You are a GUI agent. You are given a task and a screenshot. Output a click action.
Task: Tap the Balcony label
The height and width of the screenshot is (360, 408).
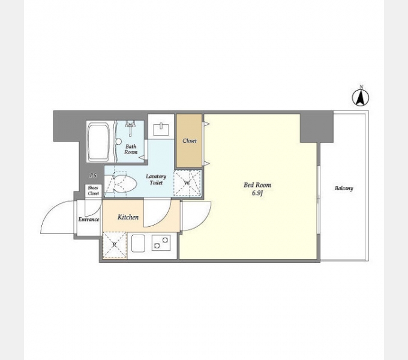coord(344,188)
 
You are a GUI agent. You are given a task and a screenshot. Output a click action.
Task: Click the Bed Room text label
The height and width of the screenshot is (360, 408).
coord(257,185)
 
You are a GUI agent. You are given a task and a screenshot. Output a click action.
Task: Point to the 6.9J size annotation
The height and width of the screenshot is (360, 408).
coord(257,193)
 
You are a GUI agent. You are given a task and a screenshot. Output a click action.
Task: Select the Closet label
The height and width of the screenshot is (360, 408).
coord(190,141)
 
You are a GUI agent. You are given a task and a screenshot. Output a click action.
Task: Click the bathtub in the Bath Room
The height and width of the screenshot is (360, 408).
coord(98,142)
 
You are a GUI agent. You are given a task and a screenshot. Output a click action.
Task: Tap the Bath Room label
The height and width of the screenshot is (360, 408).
coord(131,149)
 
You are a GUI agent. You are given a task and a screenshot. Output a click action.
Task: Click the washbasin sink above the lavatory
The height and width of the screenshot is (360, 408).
coord(161,129)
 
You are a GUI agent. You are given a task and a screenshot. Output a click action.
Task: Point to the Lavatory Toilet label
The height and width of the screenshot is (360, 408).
coord(156,179)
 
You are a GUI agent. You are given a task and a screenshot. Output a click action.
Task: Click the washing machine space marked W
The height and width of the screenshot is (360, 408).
coord(187,183)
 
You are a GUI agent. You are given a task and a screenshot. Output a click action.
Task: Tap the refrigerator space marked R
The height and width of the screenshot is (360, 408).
coord(115,245)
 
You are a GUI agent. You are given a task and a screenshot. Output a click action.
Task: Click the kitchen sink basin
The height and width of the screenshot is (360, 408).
coord(138,243)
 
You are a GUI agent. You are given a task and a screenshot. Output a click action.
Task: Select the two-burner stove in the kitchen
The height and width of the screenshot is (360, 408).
coord(161,242)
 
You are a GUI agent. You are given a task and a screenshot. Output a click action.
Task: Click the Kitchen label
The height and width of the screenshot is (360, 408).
coord(128,217)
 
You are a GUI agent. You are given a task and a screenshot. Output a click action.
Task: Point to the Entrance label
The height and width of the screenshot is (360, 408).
coord(89,219)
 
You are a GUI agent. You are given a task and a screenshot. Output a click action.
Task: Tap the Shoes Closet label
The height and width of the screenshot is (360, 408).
coord(93,190)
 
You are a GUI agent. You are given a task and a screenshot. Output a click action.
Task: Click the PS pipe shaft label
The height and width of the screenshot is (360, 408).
coord(93,176)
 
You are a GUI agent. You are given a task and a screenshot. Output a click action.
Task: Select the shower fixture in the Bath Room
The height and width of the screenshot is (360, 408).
coord(130,128)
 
